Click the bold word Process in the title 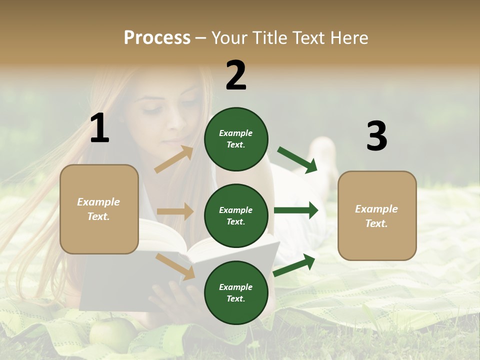(157, 37)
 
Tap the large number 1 (99, 128)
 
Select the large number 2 (236, 75)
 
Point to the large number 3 (376, 136)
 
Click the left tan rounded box (99, 209)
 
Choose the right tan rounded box (377, 215)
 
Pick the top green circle (236, 139)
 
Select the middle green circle (236, 215)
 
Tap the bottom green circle (236, 292)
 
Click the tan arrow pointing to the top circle (174, 159)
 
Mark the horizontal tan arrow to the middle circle (175, 211)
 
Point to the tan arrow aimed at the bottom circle (175, 266)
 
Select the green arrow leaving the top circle (297, 159)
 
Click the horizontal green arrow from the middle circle (296, 210)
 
